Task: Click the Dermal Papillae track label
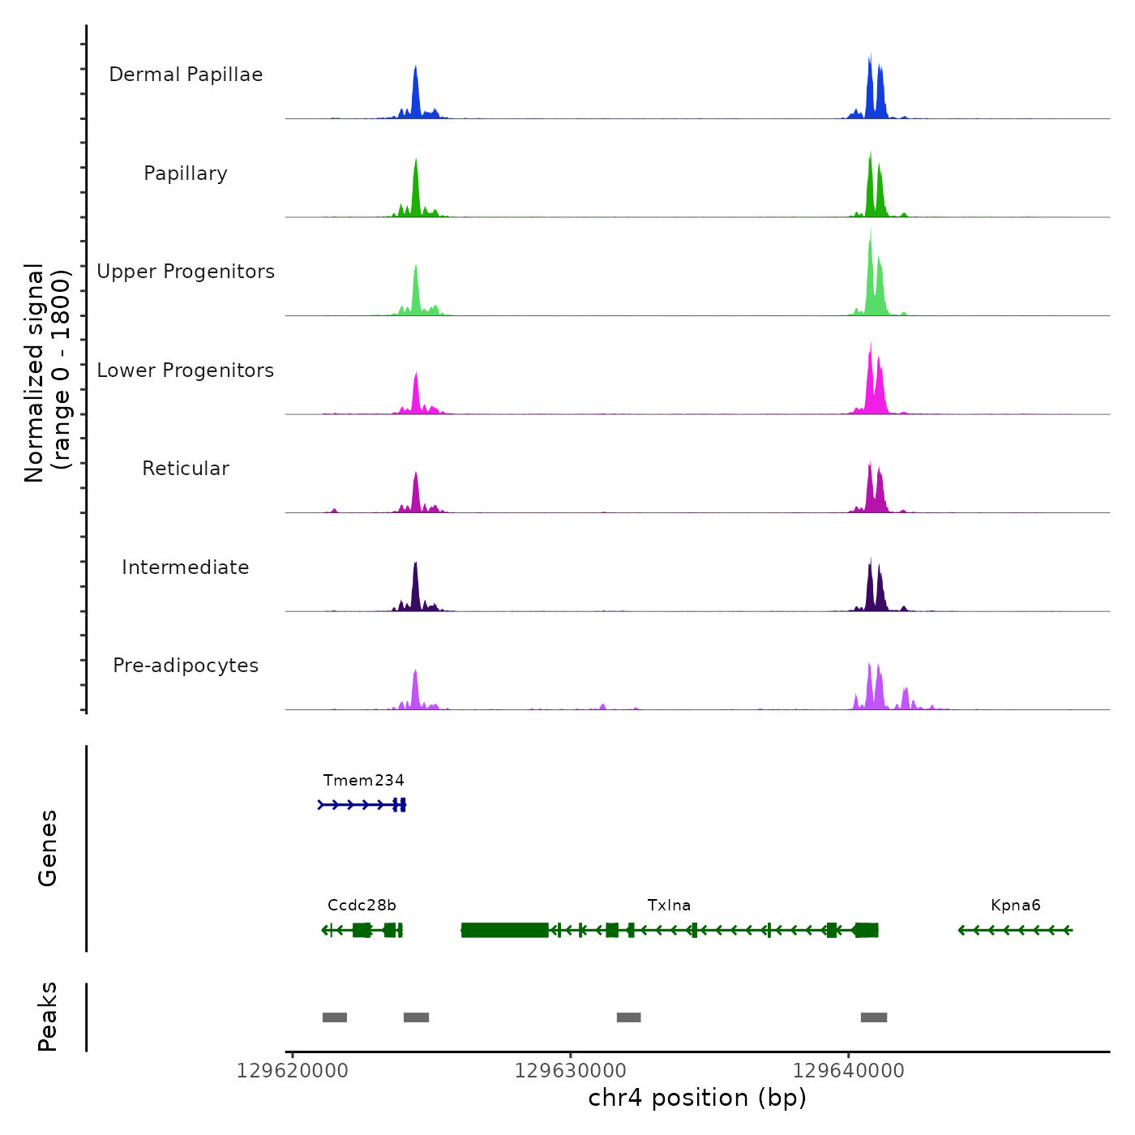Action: click(186, 75)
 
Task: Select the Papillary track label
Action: click(186, 173)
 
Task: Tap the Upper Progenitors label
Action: click(186, 272)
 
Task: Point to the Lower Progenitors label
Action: click(186, 370)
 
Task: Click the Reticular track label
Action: click(186, 469)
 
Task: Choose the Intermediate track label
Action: click(186, 567)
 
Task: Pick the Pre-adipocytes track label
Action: click(186, 666)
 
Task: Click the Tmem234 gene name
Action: click(363, 781)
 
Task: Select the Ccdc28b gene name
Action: click(362, 906)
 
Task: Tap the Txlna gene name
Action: click(669, 906)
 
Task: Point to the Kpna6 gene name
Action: click(1015, 906)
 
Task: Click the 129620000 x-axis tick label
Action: click(293, 1071)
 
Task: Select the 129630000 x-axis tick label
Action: click(571, 1071)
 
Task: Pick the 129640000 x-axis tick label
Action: click(849, 1071)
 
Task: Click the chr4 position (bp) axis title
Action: click(697, 1098)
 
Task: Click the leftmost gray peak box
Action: click(335, 1017)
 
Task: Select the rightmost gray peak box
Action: click(874, 1017)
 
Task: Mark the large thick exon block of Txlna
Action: click(504, 930)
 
